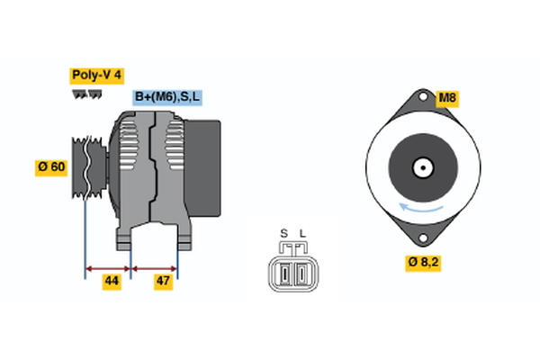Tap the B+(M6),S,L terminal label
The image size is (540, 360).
coord(168,97)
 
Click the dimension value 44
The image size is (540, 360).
coord(111,281)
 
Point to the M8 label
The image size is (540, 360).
coord(447,97)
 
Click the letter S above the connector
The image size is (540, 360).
coord(283,234)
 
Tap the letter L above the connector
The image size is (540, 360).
coord(302,234)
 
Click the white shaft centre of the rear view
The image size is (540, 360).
coord(420,167)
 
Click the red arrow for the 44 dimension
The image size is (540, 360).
coord(108,267)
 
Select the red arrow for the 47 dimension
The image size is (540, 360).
coord(154,267)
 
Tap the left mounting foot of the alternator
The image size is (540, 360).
coord(124,239)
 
